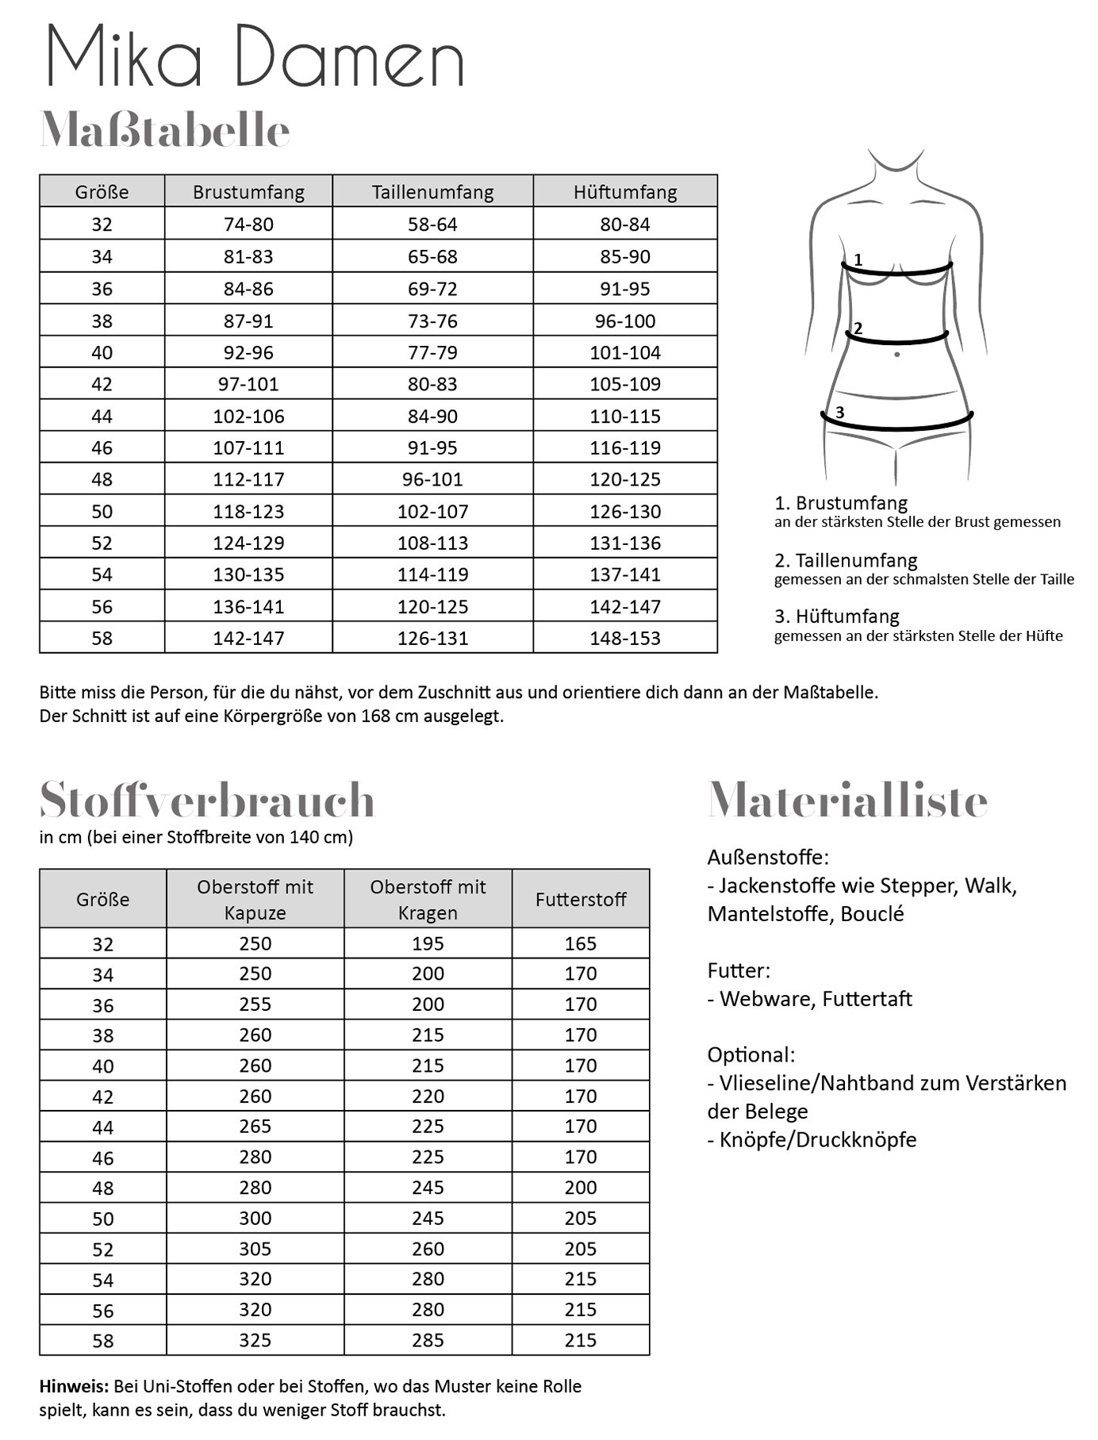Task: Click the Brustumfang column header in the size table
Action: tap(248, 192)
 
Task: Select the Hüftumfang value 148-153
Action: tap(625, 638)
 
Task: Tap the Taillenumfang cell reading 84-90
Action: tap(432, 416)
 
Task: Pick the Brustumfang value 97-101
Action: tap(248, 384)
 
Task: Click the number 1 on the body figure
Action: tap(858, 259)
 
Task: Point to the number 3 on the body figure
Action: tap(839, 412)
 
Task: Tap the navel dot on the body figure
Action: tap(897, 355)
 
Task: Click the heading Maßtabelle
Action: tap(165, 130)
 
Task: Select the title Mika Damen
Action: tap(255, 57)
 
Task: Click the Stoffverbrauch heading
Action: tap(206, 800)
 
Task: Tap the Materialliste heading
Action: tap(847, 800)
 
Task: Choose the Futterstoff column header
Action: tap(581, 899)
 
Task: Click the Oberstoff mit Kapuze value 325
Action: tap(255, 1340)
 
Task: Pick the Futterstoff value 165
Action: tap(581, 943)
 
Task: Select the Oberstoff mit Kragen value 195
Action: tap(428, 943)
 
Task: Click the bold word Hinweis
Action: tap(74, 1386)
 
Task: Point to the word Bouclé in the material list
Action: tap(872, 914)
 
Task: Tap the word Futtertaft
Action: tap(867, 999)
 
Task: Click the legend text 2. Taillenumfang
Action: tap(846, 560)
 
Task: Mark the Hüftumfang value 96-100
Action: tap(625, 321)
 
